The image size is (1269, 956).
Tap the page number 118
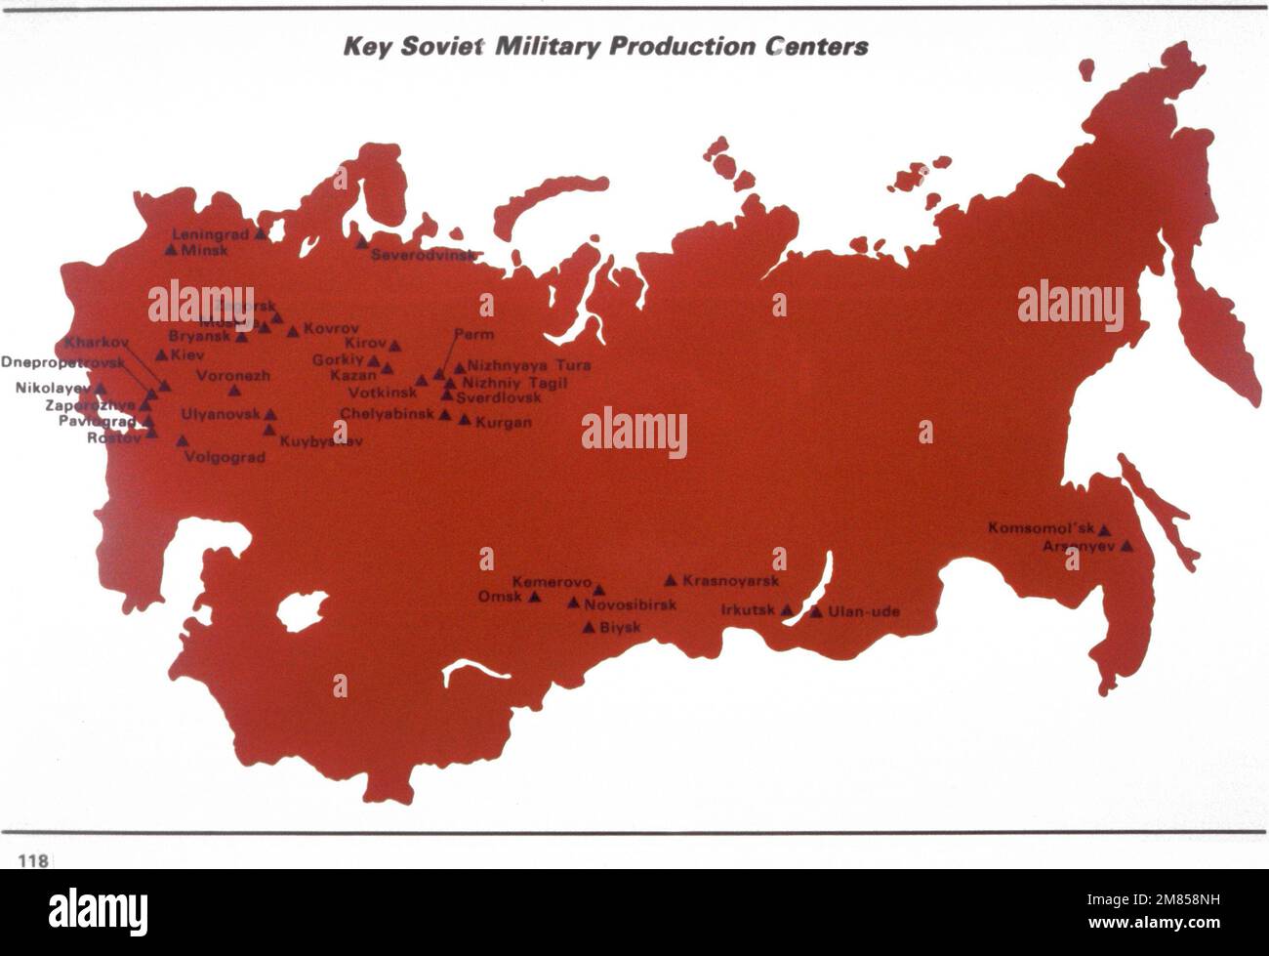tap(32, 860)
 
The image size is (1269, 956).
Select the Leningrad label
tap(212, 234)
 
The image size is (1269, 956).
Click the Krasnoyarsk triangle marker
tap(671, 580)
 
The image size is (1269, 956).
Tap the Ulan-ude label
tap(864, 612)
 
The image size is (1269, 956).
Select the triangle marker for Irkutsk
tap(787, 610)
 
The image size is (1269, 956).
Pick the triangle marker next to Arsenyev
tap(1126, 546)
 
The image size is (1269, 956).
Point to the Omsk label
tap(500, 597)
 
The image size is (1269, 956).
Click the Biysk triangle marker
tap(589, 627)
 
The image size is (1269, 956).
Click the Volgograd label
tap(225, 457)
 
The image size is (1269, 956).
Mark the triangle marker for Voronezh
tap(234, 391)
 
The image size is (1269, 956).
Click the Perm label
tap(474, 334)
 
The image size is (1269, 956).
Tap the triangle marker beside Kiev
tap(162, 354)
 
